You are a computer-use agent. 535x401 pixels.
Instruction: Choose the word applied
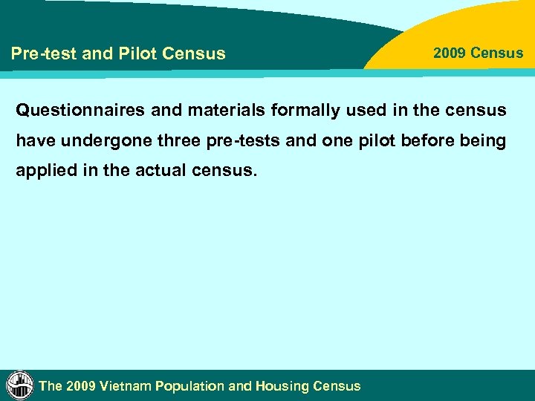click(44, 171)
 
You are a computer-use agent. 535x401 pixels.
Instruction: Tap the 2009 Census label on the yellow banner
click(478, 53)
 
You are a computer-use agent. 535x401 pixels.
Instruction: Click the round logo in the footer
click(20, 385)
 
